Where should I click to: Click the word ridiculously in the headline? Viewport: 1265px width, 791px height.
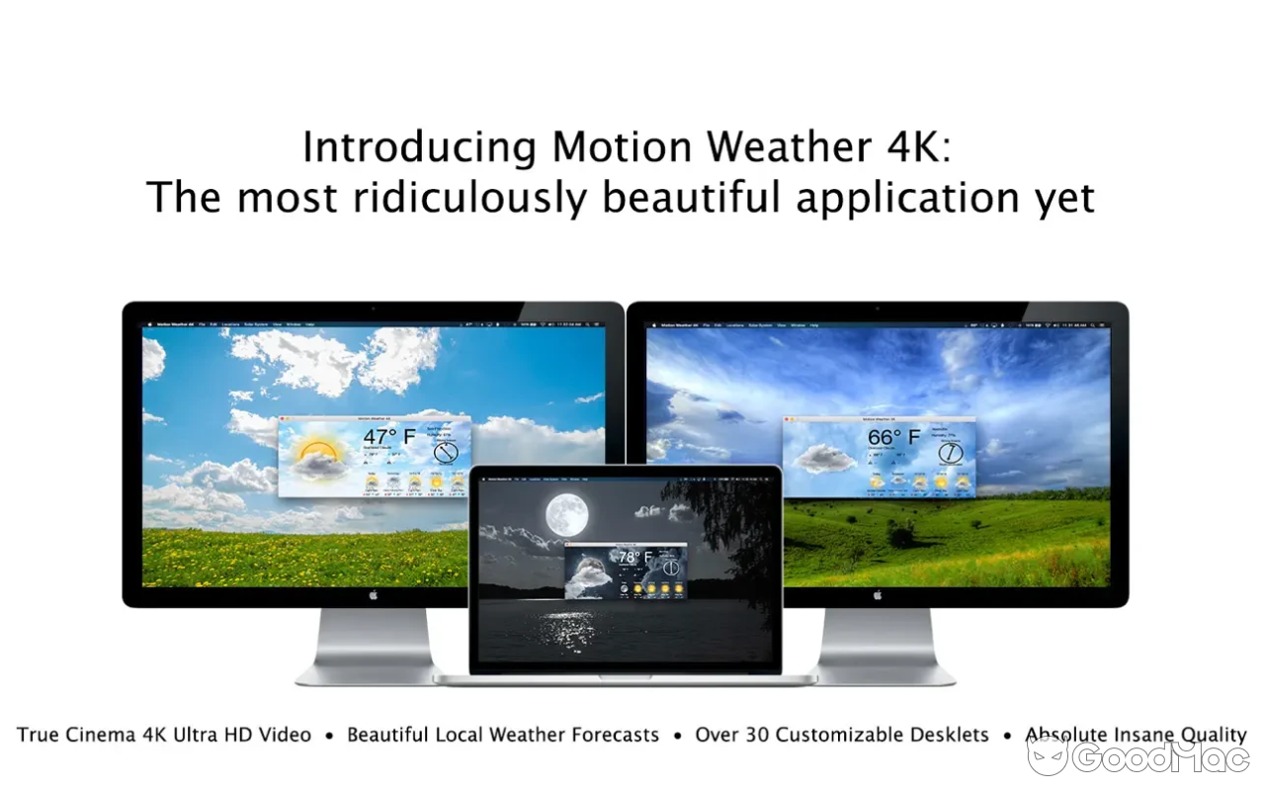click(x=475, y=198)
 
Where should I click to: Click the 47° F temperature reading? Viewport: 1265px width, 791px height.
click(x=388, y=437)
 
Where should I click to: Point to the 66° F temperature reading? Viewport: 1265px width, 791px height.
click(x=893, y=437)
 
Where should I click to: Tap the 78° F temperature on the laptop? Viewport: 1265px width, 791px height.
click(x=635, y=558)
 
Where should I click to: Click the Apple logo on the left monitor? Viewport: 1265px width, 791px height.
click(x=374, y=595)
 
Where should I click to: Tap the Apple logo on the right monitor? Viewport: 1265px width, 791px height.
click(x=878, y=595)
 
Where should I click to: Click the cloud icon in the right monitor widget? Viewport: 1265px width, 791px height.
click(x=824, y=457)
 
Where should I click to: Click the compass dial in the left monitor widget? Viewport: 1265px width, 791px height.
click(x=446, y=452)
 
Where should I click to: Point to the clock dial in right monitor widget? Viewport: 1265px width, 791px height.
click(x=950, y=452)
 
